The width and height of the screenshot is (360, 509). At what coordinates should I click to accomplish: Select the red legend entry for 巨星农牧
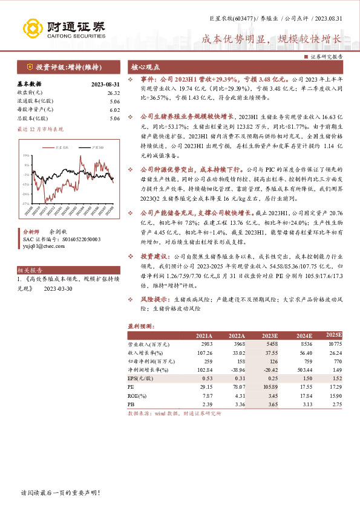pyautogui.click(x=60, y=147)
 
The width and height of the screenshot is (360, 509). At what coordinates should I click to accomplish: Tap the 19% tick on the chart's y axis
pyautogui.click(x=26, y=156)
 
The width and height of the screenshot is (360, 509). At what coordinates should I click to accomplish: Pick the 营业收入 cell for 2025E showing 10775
pyautogui.click(x=334, y=344)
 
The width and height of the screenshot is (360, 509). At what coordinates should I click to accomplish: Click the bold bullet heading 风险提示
pyautogui.click(x=154, y=300)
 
